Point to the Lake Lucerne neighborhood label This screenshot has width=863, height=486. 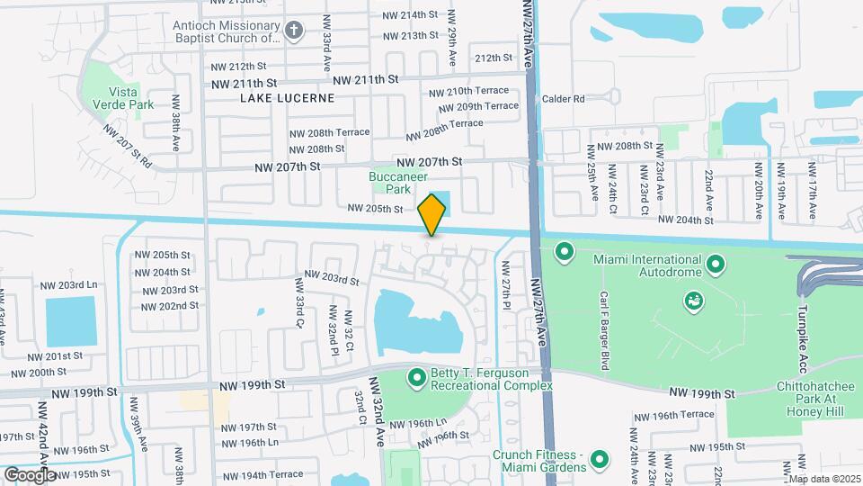(x=287, y=98)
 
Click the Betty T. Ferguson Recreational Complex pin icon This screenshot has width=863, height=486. (x=416, y=377)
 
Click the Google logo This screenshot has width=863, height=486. (x=29, y=474)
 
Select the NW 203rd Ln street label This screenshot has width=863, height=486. (x=67, y=285)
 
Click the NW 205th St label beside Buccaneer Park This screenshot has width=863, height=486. (x=376, y=209)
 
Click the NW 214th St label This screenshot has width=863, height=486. (x=409, y=15)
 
